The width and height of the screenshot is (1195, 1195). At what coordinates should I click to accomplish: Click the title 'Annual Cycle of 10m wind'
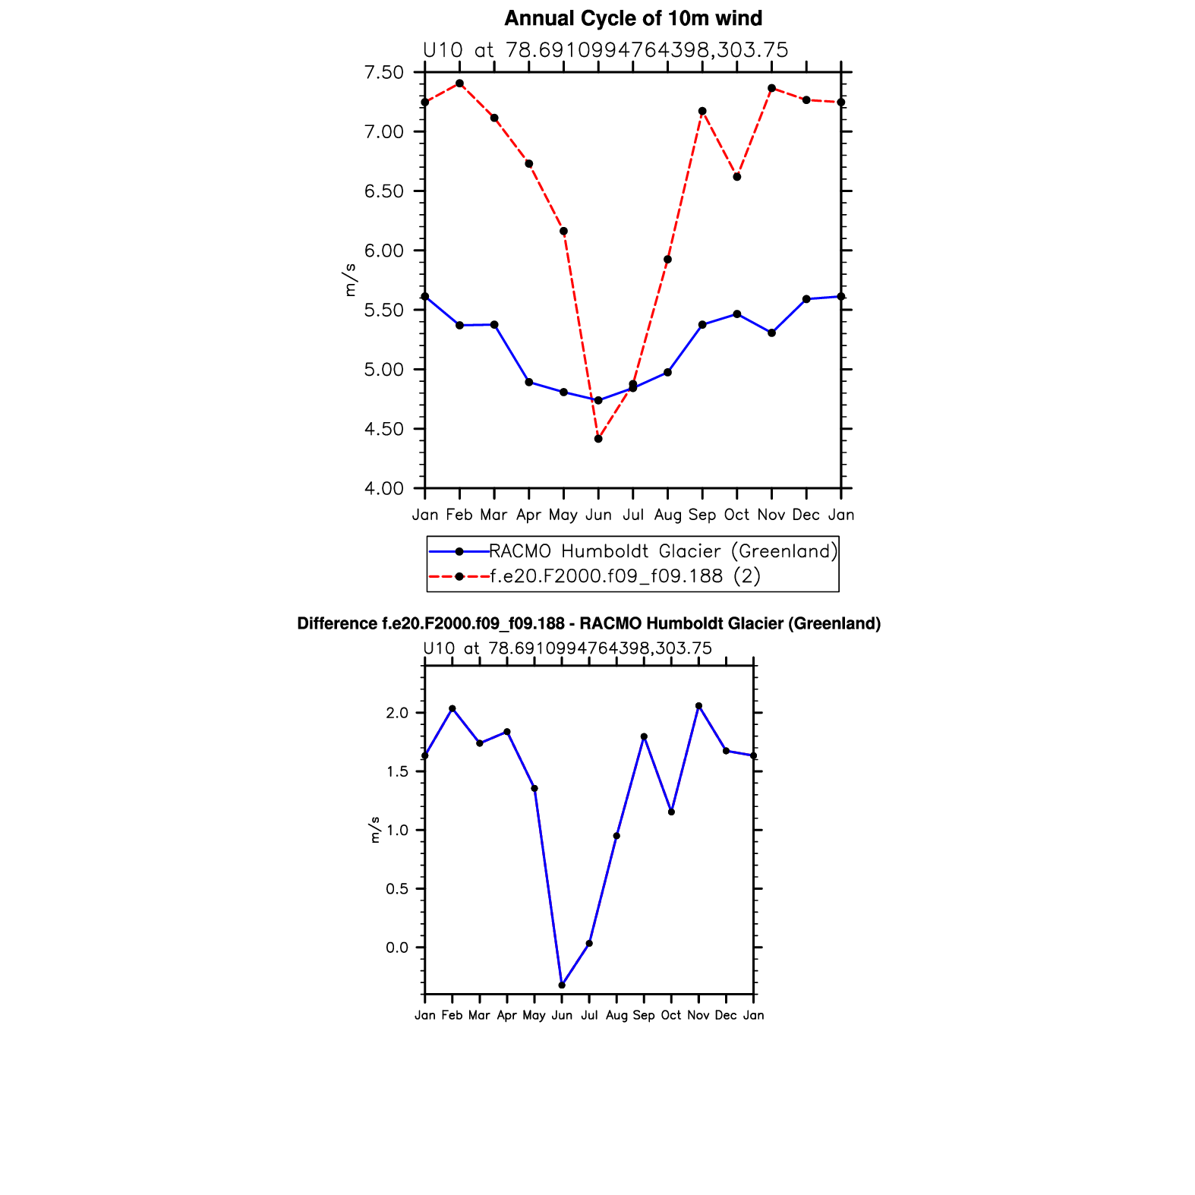pyautogui.click(x=632, y=18)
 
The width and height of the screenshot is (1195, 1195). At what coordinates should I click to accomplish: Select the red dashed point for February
pyautogui.click(x=459, y=84)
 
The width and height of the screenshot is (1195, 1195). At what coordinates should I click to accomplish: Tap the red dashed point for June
pyautogui.click(x=598, y=439)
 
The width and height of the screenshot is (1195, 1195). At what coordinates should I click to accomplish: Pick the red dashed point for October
pyautogui.click(x=737, y=177)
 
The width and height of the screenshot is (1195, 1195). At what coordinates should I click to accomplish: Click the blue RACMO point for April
pyautogui.click(x=529, y=382)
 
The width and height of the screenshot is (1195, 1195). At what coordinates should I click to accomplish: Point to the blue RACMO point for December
pyautogui.click(x=806, y=299)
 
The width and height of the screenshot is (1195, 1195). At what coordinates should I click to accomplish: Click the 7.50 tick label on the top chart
pyautogui.click(x=384, y=73)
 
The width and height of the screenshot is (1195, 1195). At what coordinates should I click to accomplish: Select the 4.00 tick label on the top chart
pyautogui.click(x=384, y=489)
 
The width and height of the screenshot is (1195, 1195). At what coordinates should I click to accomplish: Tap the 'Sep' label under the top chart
pyautogui.click(x=702, y=515)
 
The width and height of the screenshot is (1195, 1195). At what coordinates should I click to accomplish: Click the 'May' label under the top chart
pyautogui.click(x=563, y=515)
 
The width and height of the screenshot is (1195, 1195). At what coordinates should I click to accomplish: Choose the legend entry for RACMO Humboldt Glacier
pyautogui.click(x=663, y=551)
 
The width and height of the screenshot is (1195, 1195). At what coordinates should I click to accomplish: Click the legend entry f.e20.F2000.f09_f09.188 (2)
pyautogui.click(x=625, y=576)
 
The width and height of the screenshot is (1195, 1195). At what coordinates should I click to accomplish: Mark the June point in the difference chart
pyautogui.click(x=562, y=985)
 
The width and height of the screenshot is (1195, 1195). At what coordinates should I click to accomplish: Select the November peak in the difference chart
pyautogui.click(x=698, y=706)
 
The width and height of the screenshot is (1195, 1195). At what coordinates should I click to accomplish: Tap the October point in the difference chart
pyautogui.click(x=671, y=812)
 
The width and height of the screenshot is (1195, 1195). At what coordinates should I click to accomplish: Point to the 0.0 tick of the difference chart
pyautogui.click(x=396, y=947)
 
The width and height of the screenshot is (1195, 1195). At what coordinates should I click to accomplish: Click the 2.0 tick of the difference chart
pyautogui.click(x=396, y=713)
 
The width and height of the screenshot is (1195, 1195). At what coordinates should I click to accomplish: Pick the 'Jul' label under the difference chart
pyautogui.click(x=589, y=1015)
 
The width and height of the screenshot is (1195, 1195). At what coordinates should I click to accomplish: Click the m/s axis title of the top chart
pyautogui.click(x=350, y=279)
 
